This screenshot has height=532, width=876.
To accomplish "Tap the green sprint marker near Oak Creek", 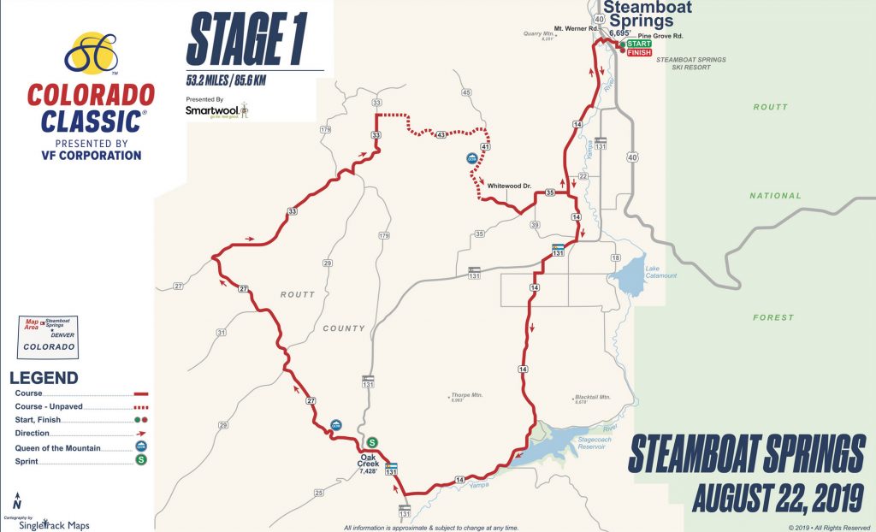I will tap(373, 442).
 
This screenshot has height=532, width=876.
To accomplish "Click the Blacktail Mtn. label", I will tap(592, 399).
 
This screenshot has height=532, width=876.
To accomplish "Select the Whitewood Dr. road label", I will tap(510, 185).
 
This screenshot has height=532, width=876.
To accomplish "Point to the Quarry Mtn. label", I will tap(540, 35).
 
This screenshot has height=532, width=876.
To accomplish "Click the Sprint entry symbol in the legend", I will tap(141, 460).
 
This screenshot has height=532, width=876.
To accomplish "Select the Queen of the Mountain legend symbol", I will tap(141, 446).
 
